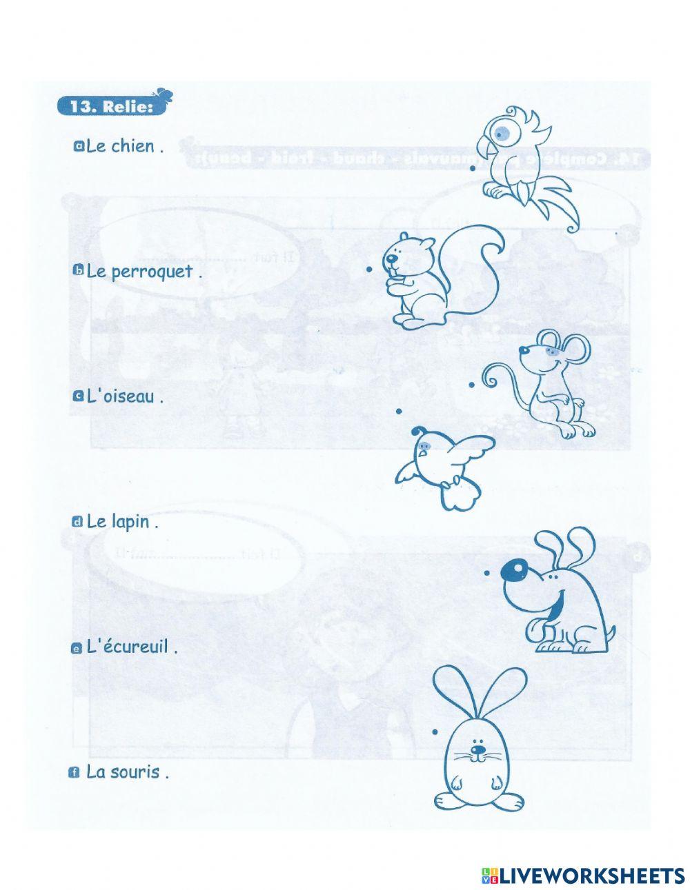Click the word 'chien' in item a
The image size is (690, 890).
(x=132, y=146)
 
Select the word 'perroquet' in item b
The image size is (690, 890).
(x=151, y=272)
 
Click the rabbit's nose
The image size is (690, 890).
(x=476, y=749)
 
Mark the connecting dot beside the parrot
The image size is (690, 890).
(x=473, y=168)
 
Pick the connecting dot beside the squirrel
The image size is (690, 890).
(x=370, y=270)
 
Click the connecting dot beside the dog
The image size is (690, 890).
(x=486, y=572)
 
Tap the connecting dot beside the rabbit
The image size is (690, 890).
(x=435, y=731)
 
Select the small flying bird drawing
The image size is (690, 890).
(x=445, y=466)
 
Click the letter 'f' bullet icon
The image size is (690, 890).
(x=75, y=773)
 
